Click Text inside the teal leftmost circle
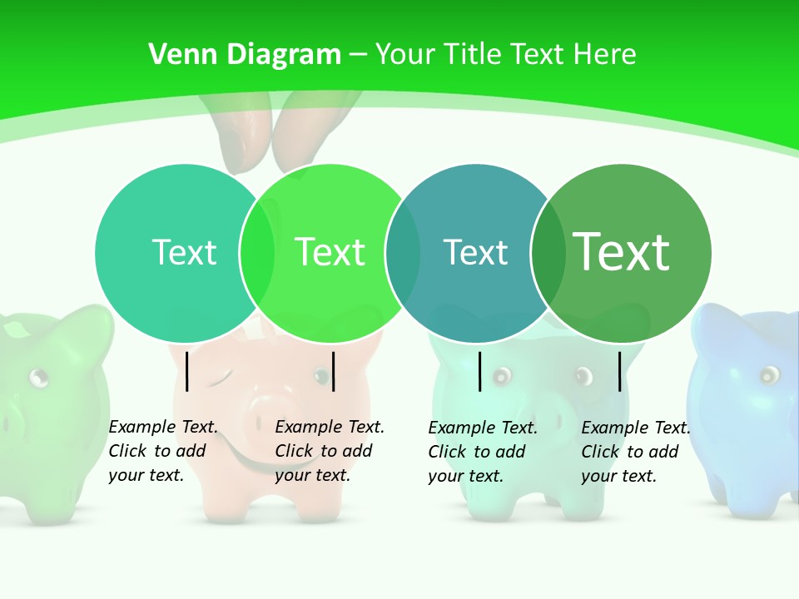(184, 252)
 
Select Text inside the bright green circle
(330, 252)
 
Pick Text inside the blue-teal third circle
(475, 252)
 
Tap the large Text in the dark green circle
(622, 252)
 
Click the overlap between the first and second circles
(257, 253)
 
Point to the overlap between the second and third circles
(403, 253)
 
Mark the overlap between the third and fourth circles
(548, 253)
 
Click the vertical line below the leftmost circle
(187, 371)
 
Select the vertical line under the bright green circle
(333, 371)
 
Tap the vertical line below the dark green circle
(620, 371)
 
